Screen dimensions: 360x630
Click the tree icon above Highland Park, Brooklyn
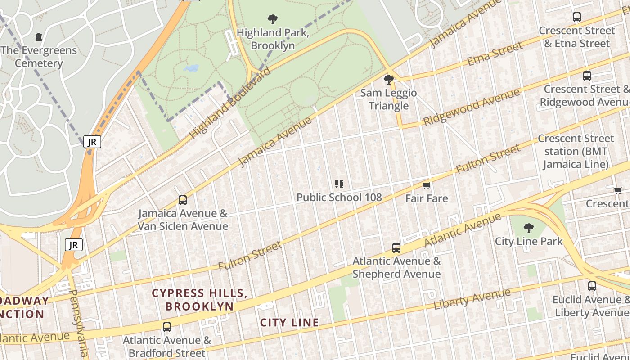point(272,19)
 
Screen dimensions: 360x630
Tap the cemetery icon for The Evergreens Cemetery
point(39,36)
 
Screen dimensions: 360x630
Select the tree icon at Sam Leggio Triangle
point(388,80)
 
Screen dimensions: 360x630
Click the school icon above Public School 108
point(339,184)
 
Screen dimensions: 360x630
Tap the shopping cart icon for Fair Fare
point(427,185)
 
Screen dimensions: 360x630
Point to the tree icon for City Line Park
point(529,228)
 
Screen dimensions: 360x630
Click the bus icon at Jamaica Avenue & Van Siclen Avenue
point(182,200)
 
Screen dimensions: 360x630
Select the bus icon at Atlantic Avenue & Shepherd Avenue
point(396,248)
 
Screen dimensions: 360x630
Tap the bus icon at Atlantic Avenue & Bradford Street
point(167,327)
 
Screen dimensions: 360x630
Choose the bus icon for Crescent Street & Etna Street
point(577,17)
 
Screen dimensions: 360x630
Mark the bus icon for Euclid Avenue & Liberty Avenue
point(592,286)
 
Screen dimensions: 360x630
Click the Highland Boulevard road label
point(230,103)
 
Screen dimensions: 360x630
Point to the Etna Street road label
point(495,54)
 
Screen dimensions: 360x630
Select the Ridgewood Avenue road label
point(471,108)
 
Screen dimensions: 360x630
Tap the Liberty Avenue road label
point(472,299)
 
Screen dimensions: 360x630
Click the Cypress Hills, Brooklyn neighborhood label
point(199,300)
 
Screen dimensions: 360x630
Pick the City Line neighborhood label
point(289,322)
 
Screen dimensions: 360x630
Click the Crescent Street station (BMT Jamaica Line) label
point(576,151)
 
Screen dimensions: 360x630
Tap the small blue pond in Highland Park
point(191,68)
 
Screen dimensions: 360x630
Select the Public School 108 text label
point(339,197)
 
